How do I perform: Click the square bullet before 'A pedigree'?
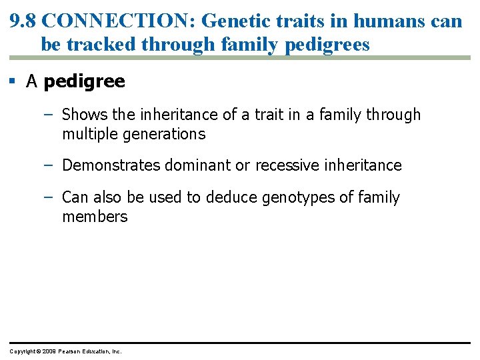click(13, 81)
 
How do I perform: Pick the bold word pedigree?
click(84, 82)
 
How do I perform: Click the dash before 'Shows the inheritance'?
click(47, 115)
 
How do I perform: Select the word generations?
click(165, 134)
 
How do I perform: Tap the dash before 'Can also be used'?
click(47, 197)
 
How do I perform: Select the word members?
click(95, 217)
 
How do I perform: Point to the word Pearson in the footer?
click(71, 351)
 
